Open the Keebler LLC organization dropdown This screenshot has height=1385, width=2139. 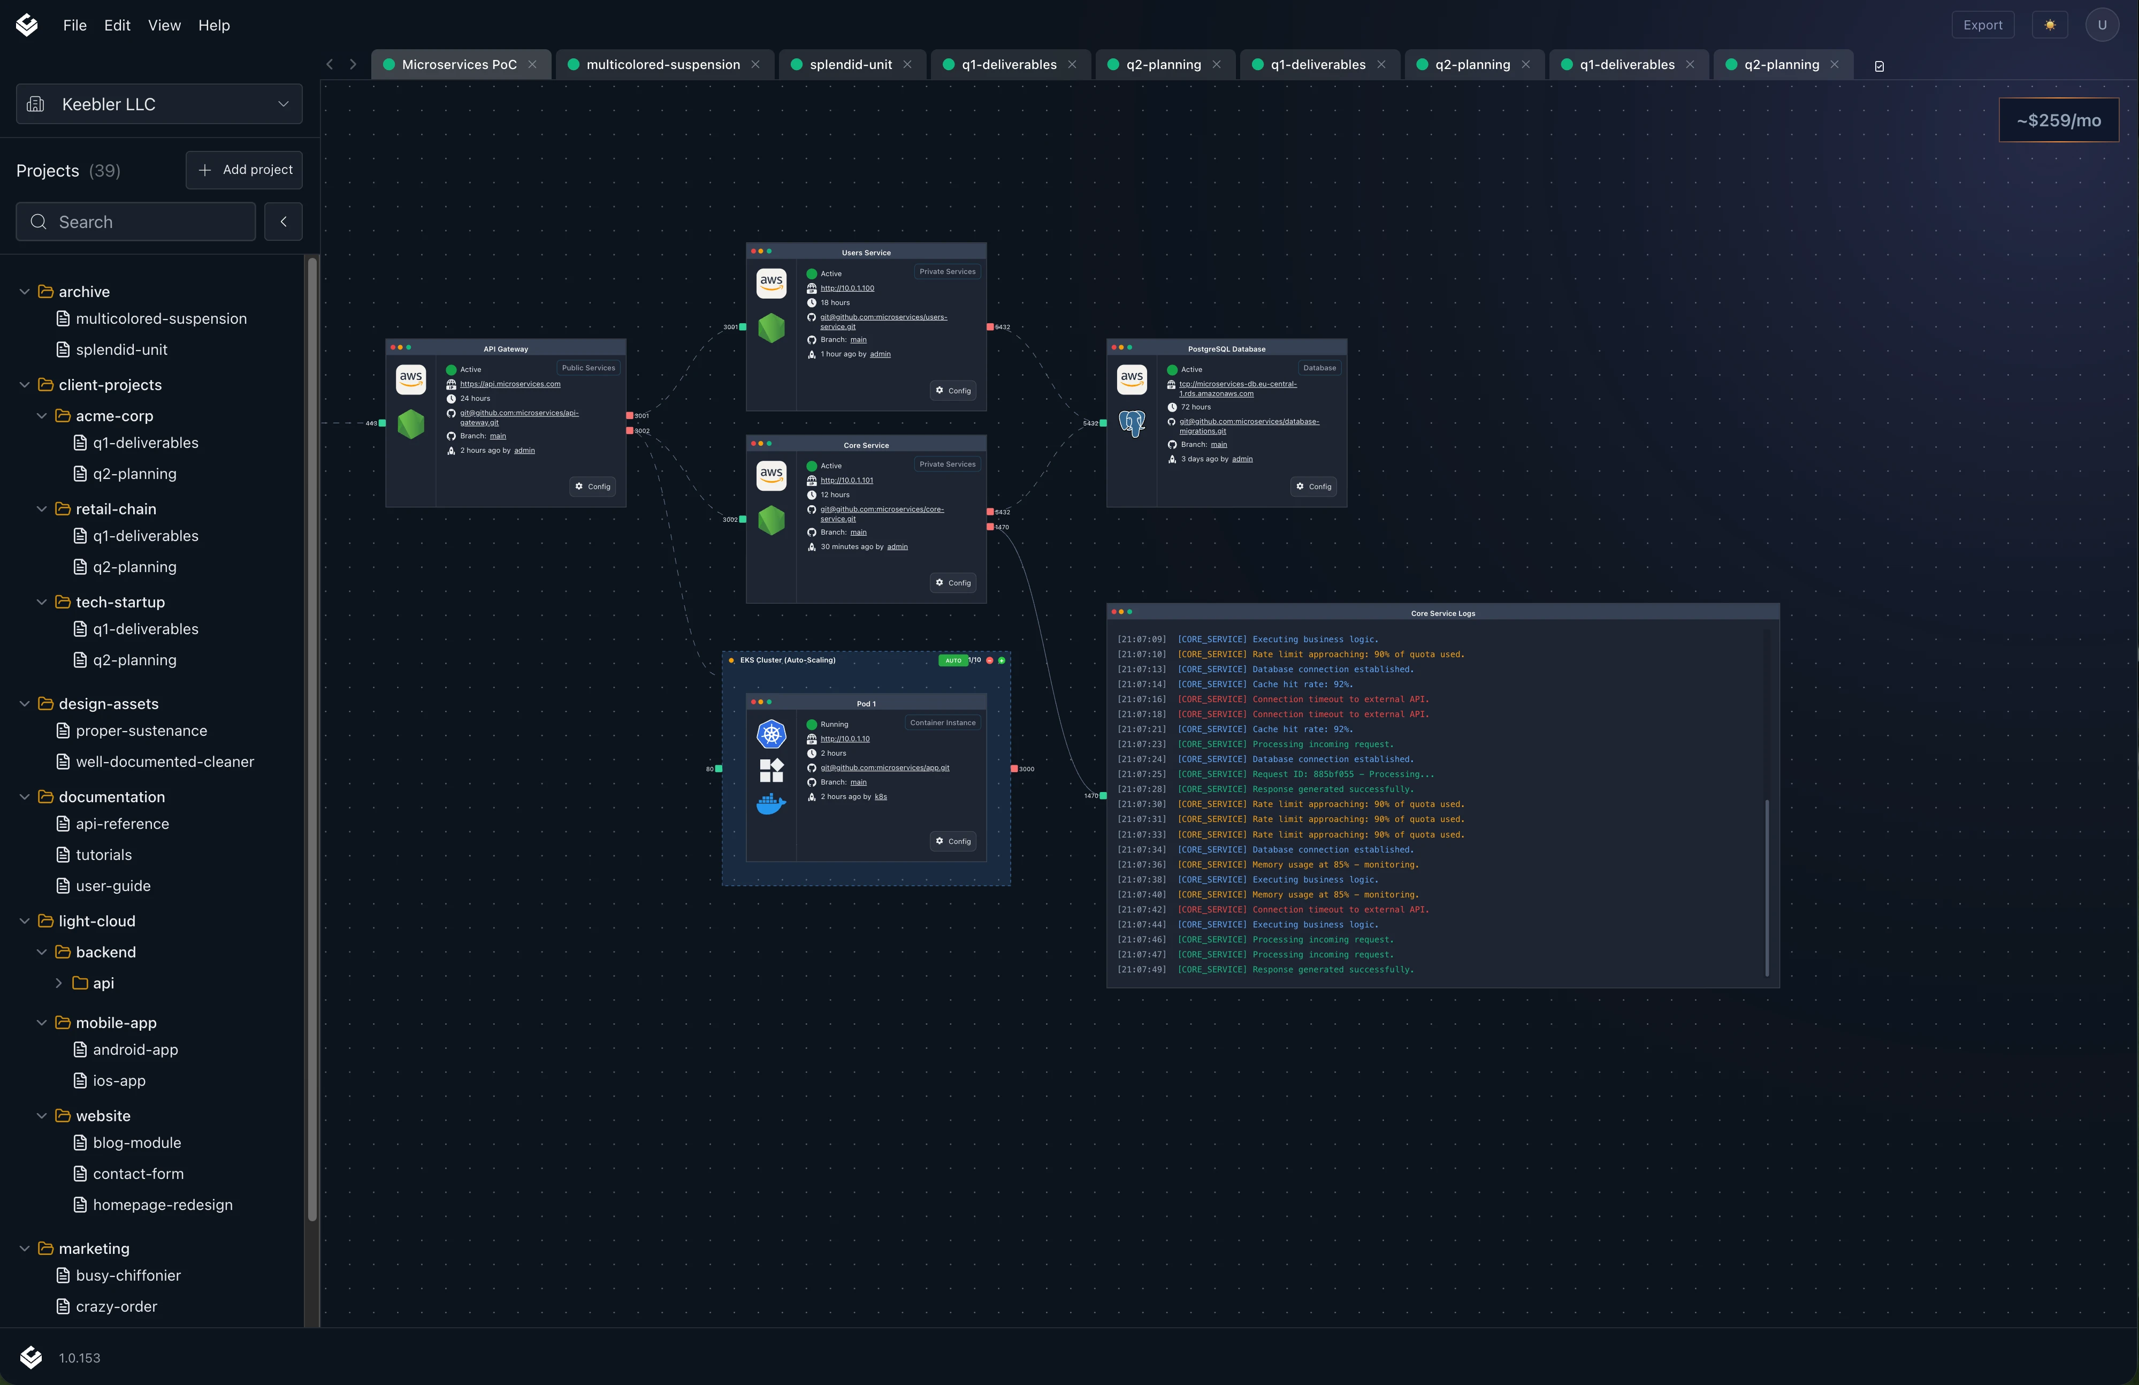[159, 104]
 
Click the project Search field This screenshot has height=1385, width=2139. [136, 222]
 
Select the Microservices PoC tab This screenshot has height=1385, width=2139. [459, 65]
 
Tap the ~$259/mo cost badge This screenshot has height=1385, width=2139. [2058, 120]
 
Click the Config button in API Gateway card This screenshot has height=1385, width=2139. [593, 486]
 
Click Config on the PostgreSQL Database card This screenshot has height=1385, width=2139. [1314, 486]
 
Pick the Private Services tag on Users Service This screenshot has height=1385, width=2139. [948, 271]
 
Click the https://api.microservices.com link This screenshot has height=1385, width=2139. [510, 384]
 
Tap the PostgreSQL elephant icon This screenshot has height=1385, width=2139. [1132, 422]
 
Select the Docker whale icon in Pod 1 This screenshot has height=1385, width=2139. [771, 803]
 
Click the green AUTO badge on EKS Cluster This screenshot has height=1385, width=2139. [953, 660]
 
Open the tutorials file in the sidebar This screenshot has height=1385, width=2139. [103, 855]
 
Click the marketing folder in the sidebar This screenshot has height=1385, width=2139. [94, 1249]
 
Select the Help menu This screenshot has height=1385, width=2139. [214, 25]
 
